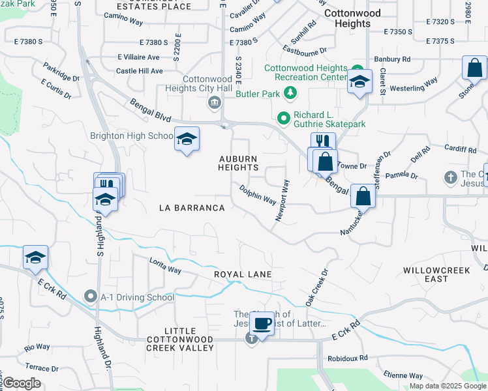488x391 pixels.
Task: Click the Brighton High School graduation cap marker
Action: (x=187, y=139)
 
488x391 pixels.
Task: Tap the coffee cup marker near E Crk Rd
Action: (x=262, y=323)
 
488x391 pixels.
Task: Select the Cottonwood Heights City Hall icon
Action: (x=214, y=103)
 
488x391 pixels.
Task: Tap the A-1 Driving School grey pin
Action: (x=91, y=297)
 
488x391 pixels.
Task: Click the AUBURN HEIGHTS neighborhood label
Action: (x=238, y=163)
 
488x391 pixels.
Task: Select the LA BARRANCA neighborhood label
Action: (x=192, y=208)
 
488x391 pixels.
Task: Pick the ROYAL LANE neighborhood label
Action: (x=243, y=274)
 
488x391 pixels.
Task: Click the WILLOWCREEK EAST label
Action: (x=435, y=274)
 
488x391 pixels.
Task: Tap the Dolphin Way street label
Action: (x=257, y=195)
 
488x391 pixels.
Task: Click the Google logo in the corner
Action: (x=21, y=383)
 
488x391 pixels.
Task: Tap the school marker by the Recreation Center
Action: (x=359, y=81)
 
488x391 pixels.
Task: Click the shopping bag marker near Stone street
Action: (x=474, y=68)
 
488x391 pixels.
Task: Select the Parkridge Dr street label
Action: (x=61, y=72)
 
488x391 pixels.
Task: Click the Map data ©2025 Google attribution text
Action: (x=448, y=386)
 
